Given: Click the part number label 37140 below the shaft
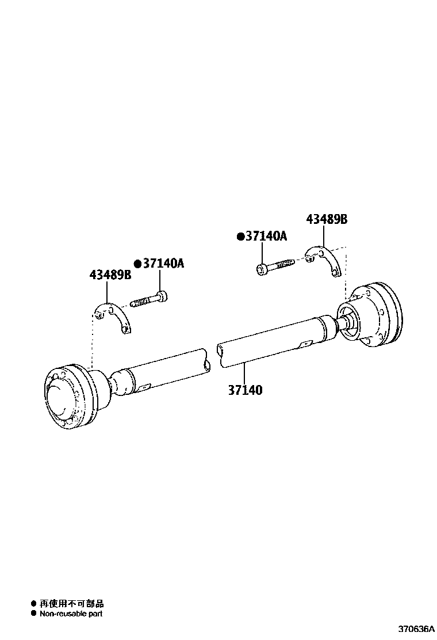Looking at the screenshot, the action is tap(245, 390).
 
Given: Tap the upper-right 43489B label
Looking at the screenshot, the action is tap(327, 219).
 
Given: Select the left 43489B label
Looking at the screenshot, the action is tap(110, 275).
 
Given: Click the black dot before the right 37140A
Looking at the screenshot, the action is tap(241, 237).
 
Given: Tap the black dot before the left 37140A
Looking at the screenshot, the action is tap(138, 264).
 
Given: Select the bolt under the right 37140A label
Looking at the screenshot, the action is tap(275, 265).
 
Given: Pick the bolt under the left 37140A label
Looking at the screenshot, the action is tap(149, 298).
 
